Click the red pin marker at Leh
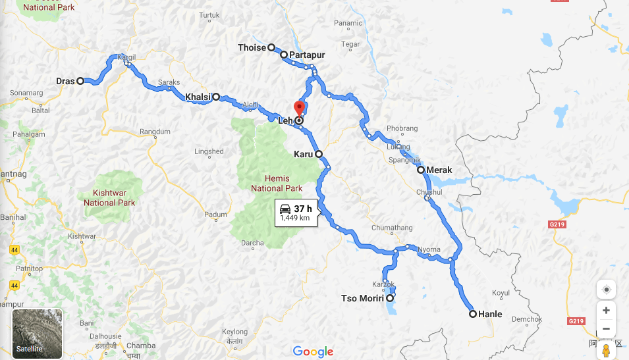tap(299, 108)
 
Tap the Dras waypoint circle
tap(80, 81)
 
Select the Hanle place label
tap(490, 315)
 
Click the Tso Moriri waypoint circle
tap(390, 298)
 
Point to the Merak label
tap(439, 170)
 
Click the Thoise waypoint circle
tap(271, 47)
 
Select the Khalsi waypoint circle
tap(216, 97)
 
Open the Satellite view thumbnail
tap(38, 333)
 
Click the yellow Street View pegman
tap(606, 350)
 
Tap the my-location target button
tap(606, 290)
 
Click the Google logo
tap(314, 351)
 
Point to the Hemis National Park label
tap(276, 183)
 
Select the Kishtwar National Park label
tap(109, 198)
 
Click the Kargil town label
tap(126, 57)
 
